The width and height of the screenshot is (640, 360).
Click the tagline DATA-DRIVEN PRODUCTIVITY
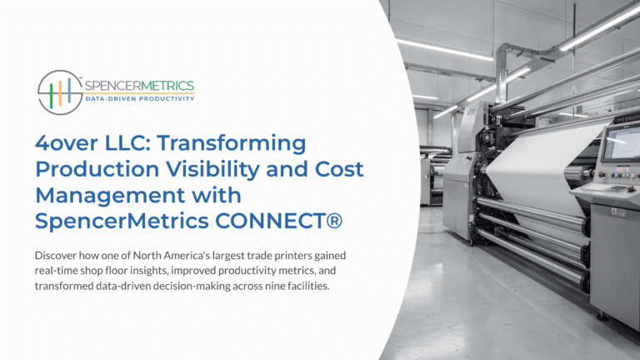[x=139, y=99]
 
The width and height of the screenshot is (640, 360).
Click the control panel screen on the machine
[x=622, y=142]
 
